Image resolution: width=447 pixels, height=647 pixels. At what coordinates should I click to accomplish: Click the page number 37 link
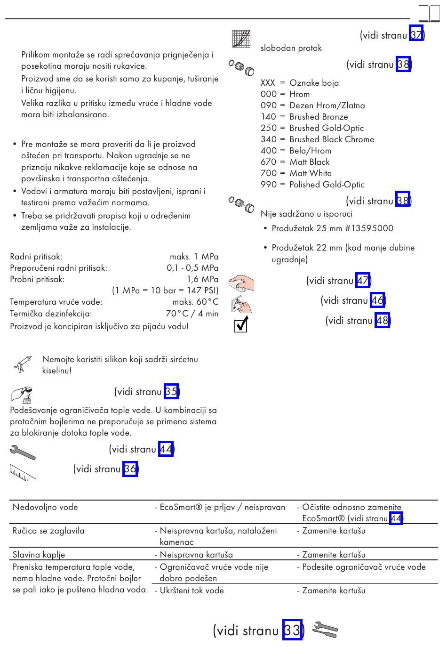click(x=416, y=34)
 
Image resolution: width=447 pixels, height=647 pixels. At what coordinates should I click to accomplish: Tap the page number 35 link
click(x=171, y=391)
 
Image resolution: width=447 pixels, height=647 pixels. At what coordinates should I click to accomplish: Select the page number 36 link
click(x=130, y=469)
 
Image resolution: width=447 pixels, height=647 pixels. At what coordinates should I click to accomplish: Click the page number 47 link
click(x=363, y=281)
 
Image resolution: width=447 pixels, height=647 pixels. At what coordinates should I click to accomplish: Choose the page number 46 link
click(x=377, y=300)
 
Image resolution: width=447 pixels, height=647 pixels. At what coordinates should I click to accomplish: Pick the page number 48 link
click(x=382, y=321)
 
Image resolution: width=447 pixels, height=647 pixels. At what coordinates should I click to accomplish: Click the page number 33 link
click(x=292, y=630)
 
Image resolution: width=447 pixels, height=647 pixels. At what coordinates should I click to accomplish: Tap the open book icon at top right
click(x=429, y=14)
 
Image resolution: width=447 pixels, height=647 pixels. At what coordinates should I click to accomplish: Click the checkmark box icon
click(x=240, y=324)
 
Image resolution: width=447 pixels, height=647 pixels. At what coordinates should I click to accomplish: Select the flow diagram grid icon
click(x=241, y=39)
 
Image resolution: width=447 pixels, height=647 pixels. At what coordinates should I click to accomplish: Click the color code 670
click(x=269, y=162)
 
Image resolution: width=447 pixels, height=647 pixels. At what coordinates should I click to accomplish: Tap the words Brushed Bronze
click(x=319, y=117)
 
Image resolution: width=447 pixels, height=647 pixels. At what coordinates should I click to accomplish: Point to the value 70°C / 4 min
click(x=192, y=314)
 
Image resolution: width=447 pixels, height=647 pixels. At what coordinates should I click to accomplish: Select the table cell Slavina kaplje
click(x=39, y=555)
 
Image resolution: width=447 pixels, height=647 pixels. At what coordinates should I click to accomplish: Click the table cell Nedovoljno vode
click(x=45, y=507)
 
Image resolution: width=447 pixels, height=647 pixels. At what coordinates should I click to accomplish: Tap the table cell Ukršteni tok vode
click(x=192, y=590)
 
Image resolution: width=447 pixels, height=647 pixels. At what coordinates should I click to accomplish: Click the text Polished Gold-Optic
click(x=327, y=185)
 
